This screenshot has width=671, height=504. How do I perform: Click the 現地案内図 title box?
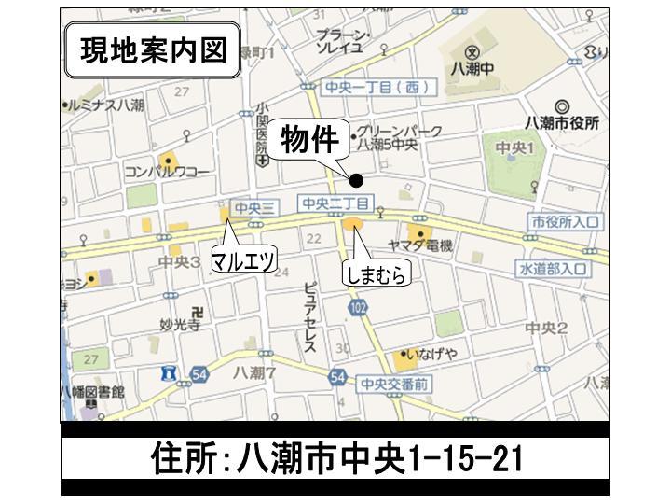pos(152,50)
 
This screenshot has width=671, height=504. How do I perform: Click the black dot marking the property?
pos(356,181)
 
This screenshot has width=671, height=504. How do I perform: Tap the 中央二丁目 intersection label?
pos(336,203)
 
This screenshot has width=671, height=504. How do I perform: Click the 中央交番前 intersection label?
pos(395,383)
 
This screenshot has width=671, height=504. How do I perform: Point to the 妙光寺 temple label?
pos(180,326)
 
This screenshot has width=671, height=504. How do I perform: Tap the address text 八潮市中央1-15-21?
pos(335,458)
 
